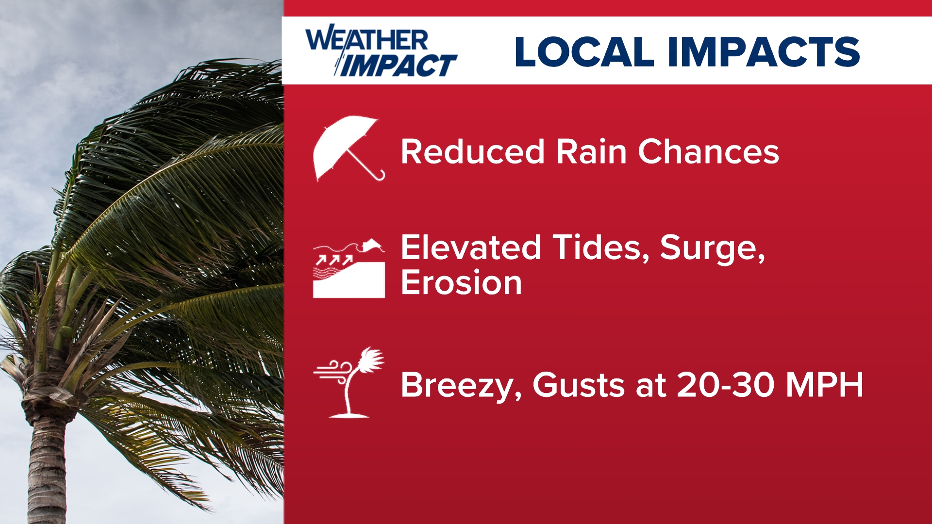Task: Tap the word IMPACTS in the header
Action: tap(764, 51)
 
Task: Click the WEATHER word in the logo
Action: tap(366, 39)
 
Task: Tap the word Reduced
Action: tap(472, 151)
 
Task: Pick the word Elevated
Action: tap(470, 247)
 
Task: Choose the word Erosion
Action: tap(461, 283)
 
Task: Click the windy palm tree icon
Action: tap(349, 383)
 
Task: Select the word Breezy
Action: tap(461, 386)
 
